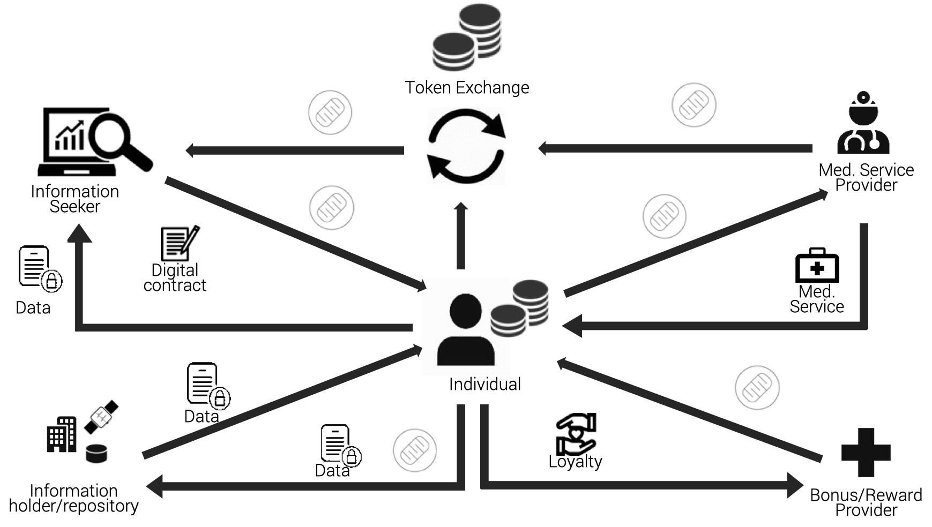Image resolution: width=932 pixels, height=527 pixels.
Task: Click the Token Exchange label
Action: click(467, 87)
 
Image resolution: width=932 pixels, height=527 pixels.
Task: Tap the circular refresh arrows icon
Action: click(466, 146)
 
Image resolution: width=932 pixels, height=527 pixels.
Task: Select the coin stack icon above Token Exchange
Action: click(467, 38)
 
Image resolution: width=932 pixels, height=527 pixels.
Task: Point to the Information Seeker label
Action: click(74, 199)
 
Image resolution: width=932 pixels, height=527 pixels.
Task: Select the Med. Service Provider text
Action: click(866, 177)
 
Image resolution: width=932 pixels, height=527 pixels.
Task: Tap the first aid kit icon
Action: click(817, 266)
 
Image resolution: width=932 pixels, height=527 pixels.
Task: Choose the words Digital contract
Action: click(175, 277)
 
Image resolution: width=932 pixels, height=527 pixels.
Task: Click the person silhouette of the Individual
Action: click(465, 330)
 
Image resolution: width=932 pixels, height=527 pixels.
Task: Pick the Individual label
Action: click(484, 384)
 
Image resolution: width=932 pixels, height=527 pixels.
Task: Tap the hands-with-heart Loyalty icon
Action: click(576, 434)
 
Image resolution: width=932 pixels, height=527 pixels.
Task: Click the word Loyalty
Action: click(575, 461)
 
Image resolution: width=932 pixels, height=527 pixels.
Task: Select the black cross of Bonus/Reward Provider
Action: click(866, 453)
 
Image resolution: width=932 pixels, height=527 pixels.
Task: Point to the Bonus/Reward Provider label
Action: click(866, 502)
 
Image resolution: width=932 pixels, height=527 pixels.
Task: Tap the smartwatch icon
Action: click(101, 417)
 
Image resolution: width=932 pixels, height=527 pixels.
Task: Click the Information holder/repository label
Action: click(74, 498)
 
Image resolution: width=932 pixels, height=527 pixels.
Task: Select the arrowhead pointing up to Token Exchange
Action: click(461, 207)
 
